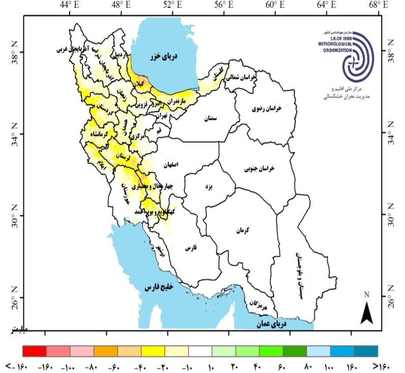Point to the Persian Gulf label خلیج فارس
coord(160,288)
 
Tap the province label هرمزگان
coord(258,306)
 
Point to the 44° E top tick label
coord(69,6)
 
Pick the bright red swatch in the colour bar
coord(35,351)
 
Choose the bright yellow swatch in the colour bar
coord(153,351)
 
